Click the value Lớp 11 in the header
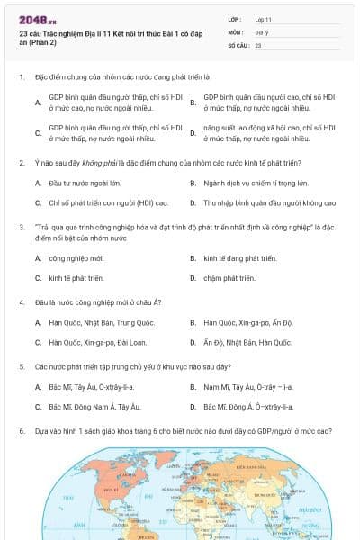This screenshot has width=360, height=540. (x=264, y=19)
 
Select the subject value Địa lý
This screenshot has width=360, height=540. (x=262, y=31)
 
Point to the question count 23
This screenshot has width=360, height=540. (x=258, y=43)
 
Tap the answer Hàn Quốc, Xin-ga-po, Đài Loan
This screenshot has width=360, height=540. (x=98, y=342)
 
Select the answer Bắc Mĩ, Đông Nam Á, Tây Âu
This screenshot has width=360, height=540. (x=97, y=407)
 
